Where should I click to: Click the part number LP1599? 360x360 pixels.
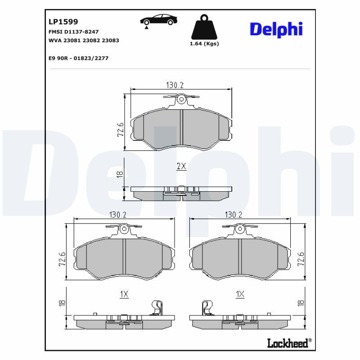coord(63,22)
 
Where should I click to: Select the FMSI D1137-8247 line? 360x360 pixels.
coord(73,31)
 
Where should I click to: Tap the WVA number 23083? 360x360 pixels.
coord(110,40)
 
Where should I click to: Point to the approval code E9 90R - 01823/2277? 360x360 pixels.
coord(78,58)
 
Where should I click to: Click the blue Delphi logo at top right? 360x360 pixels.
coord(276,29)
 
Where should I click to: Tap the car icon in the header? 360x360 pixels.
coord(159,20)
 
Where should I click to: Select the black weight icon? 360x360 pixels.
coord(204,27)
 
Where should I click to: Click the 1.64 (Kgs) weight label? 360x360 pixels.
coord(204,44)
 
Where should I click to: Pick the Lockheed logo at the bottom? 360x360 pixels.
coord(289,343)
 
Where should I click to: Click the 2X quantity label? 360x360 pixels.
coord(181,166)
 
